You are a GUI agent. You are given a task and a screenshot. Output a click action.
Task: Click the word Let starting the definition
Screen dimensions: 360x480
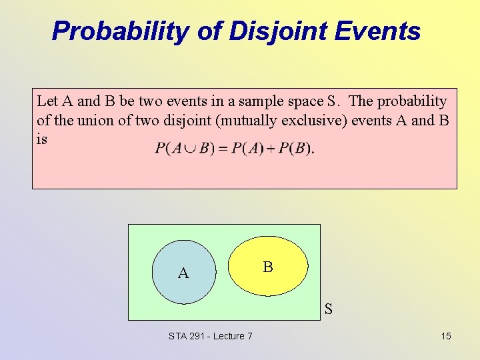click(x=47, y=101)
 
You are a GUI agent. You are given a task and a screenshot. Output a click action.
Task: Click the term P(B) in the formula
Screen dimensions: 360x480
click(x=294, y=148)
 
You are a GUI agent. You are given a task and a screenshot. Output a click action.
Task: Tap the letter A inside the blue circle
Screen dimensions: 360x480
click(x=183, y=273)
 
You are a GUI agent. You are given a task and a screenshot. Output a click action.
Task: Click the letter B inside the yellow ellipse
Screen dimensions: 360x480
click(x=267, y=267)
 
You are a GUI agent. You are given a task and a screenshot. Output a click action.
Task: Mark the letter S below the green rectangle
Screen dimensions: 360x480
click(x=328, y=309)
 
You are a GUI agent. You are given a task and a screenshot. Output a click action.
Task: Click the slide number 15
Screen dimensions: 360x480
click(x=445, y=336)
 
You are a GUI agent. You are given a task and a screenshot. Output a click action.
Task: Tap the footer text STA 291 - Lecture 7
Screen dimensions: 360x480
click(x=211, y=336)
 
